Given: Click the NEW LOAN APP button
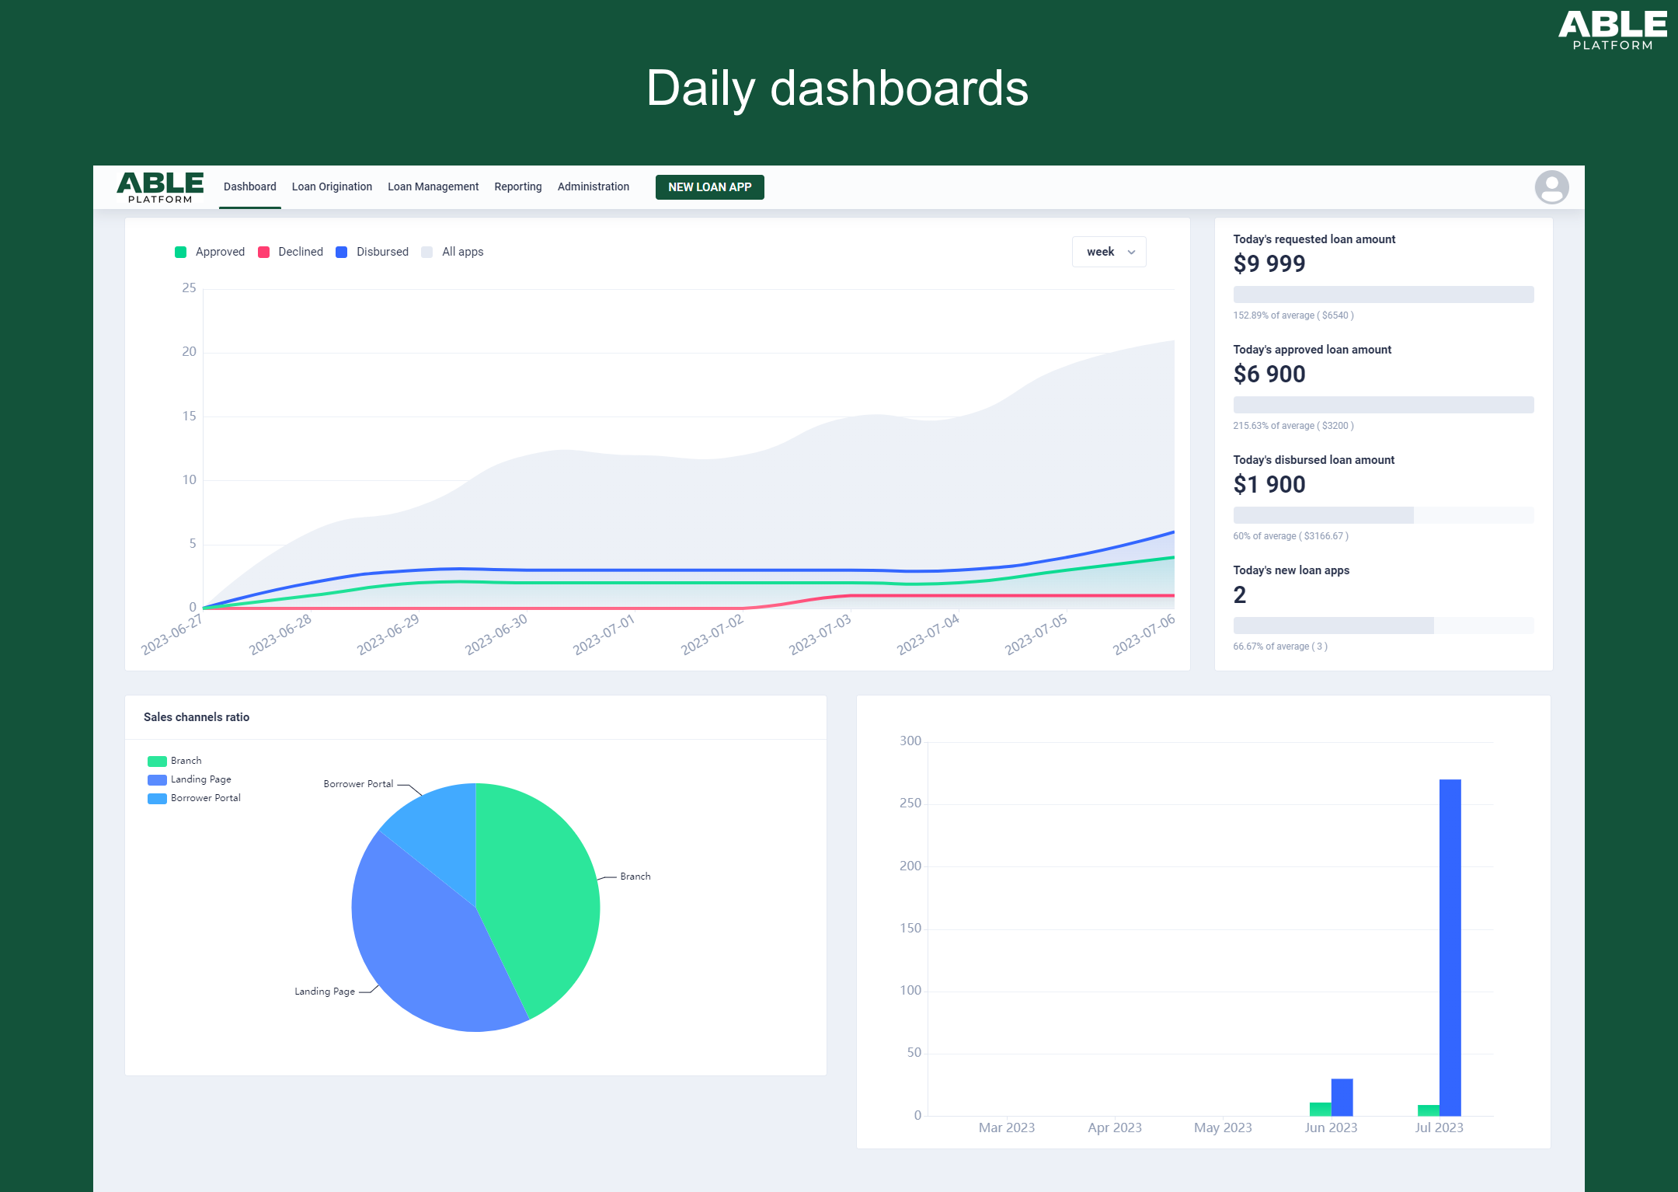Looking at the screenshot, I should point(709,187).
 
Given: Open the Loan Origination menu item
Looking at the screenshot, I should point(332,186).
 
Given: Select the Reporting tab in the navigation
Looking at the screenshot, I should point(517,186).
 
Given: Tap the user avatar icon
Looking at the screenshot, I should point(1551,187).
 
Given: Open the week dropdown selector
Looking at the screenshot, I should point(1109,252).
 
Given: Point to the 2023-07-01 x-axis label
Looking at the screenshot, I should point(604,634).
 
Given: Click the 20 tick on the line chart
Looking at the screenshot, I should point(190,352).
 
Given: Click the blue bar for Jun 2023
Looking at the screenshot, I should point(1342,1096).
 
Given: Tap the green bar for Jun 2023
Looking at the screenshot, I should point(1320,1109).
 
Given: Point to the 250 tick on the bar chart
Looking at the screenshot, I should point(910,803).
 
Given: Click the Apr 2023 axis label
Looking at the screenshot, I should point(1114,1128).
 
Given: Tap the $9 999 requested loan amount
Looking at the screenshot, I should point(1269,264).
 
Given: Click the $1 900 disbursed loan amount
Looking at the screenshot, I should point(1269,485).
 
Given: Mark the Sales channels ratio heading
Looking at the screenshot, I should point(197,717).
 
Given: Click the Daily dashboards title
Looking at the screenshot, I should point(837,88).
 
